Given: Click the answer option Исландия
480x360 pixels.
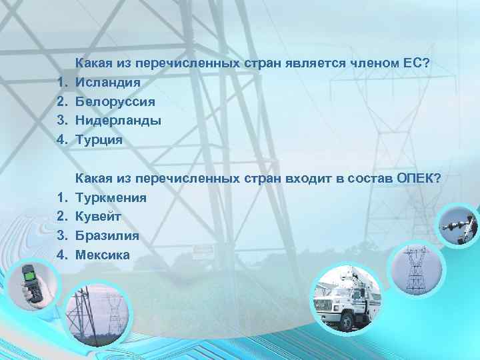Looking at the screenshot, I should point(107,83).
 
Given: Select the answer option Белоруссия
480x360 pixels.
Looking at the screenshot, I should point(115,102).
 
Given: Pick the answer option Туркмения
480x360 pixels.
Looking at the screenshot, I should point(111,197).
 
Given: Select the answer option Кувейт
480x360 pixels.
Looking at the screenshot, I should point(98,217).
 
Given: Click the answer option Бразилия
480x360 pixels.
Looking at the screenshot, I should point(107,235).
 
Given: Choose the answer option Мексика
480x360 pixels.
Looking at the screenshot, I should point(103,255).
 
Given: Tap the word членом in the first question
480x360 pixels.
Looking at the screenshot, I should point(369,63).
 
